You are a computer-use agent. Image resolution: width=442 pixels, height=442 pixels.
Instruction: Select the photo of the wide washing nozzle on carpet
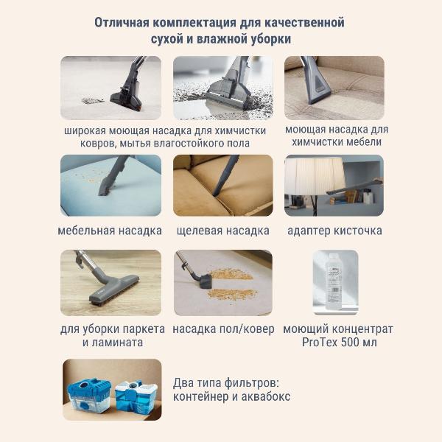coord(110,88)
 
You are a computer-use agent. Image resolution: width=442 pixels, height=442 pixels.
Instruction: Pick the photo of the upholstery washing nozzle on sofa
coord(334,88)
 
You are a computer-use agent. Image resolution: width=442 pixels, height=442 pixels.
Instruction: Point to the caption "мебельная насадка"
coord(110,231)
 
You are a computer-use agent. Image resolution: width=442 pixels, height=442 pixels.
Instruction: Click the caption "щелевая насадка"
coord(222,231)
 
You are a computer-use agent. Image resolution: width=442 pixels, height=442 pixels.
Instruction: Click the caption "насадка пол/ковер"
coord(222,329)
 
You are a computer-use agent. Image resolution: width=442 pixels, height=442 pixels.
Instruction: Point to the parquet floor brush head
coord(114,285)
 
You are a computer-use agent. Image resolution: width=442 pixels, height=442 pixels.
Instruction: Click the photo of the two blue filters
coord(110,388)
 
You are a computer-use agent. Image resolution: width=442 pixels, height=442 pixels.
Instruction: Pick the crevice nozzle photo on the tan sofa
coord(222,185)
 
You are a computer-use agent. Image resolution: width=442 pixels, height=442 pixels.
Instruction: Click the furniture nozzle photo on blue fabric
coord(110,185)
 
